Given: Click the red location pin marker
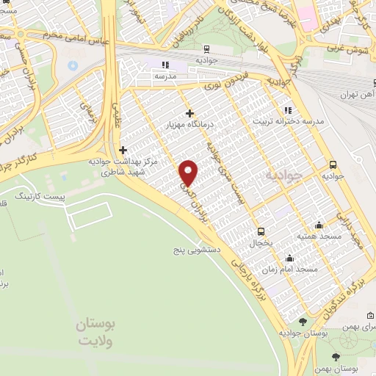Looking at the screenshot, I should (189, 172).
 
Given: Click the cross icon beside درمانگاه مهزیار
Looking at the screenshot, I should (190, 113).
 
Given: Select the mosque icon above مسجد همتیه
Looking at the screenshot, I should (318, 225).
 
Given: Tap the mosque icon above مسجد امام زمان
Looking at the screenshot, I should (290, 258).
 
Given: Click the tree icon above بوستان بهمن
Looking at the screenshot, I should (336, 355).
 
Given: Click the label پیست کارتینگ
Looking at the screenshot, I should (41, 198).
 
